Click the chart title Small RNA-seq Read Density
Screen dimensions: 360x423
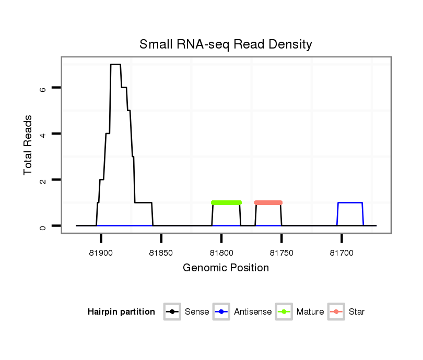pyautogui.click(x=226, y=44)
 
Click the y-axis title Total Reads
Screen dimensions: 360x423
pyautogui.click(x=28, y=145)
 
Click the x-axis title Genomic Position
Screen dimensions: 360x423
pyautogui.click(x=226, y=268)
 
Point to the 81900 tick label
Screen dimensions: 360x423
pyautogui.click(x=101, y=253)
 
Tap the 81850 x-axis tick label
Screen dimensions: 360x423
pyautogui.click(x=161, y=253)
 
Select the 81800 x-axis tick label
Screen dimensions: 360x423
pyautogui.click(x=221, y=253)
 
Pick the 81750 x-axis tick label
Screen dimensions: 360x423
pyautogui.click(x=281, y=253)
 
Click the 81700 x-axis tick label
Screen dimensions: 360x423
pyautogui.click(x=342, y=253)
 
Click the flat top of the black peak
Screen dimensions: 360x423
pyautogui.click(x=115, y=65)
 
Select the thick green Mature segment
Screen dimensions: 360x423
pyautogui.click(x=226, y=202)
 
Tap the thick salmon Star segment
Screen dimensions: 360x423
pyautogui.click(x=268, y=202)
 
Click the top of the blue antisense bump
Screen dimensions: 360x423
pyautogui.click(x=350, y=202)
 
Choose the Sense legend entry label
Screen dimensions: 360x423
pyautogui.click(x=197, y=312)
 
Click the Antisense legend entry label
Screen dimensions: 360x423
pyautogui.click(x=253, y=312)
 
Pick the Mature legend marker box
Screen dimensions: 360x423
pyautogui.click(x=284, y=312)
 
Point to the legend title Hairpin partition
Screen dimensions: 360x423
pyautogui.click(x=121, y=312)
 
